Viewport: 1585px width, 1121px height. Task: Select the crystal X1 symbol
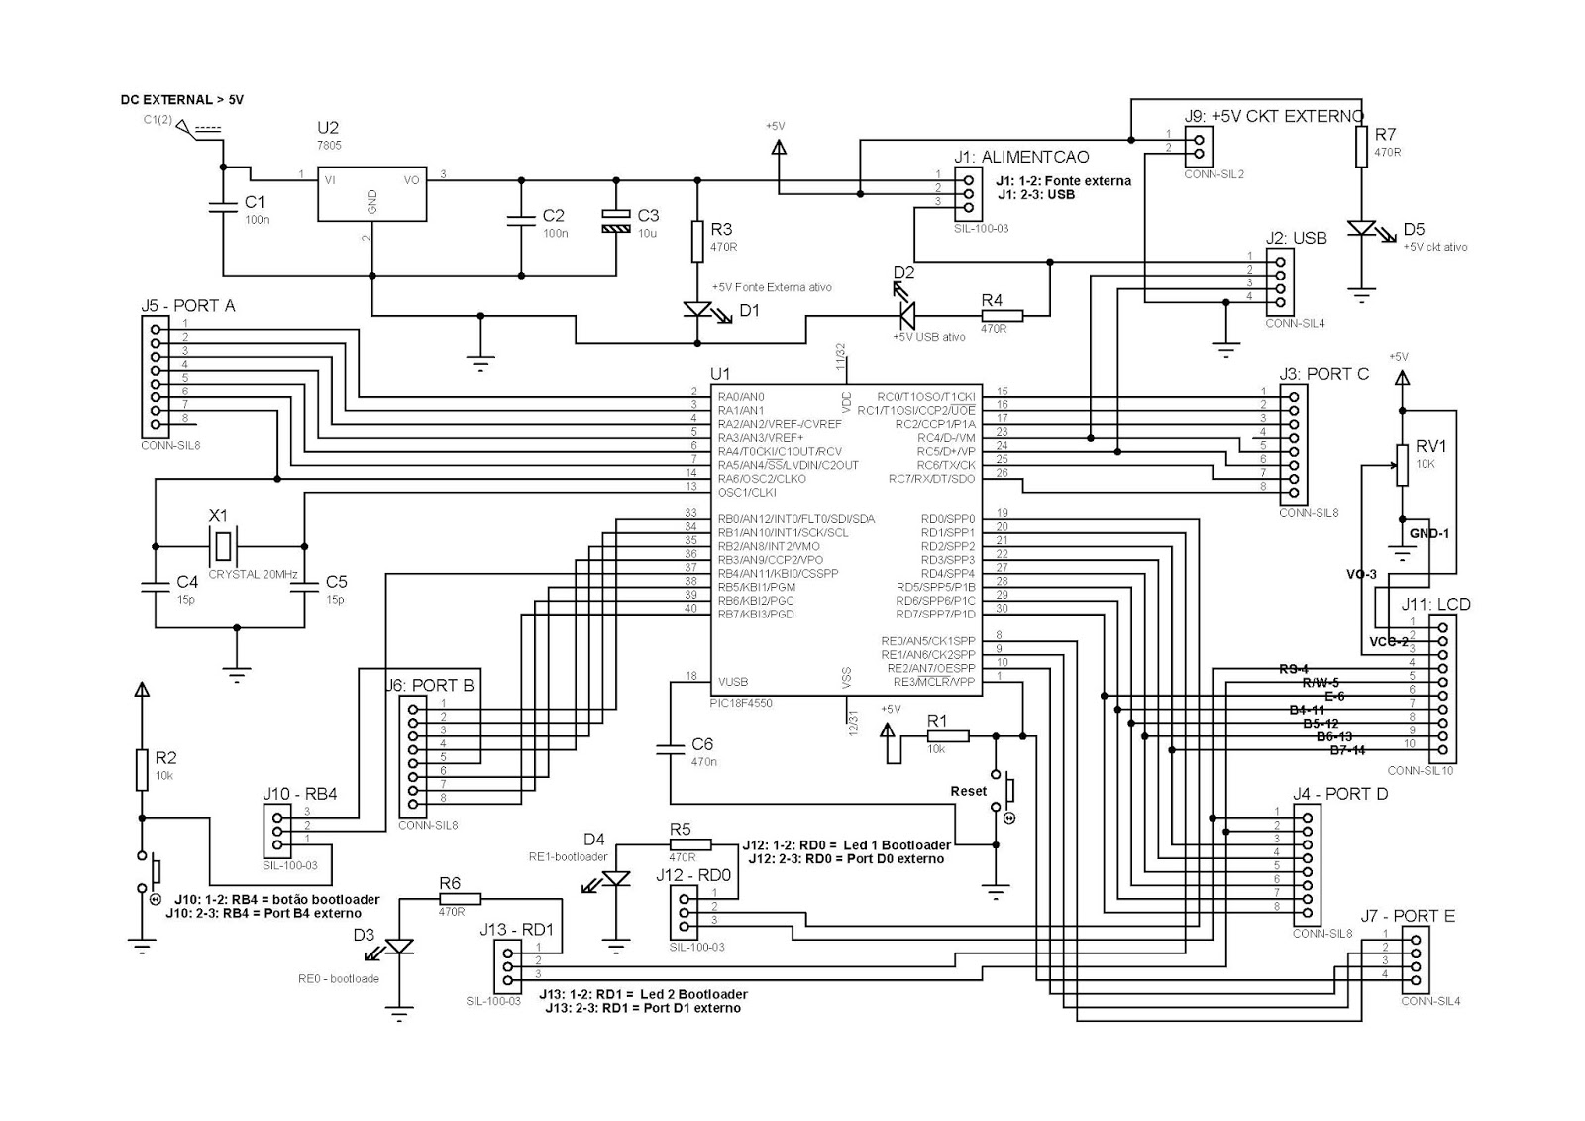[225, 545]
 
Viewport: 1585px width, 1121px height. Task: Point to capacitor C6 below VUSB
[671, 751]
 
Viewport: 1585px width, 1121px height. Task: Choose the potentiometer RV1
[1402, 465]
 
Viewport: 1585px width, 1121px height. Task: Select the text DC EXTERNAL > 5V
[181, 100]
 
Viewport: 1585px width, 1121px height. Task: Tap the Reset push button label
[968, 791]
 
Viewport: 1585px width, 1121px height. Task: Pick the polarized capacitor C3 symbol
[616, 221]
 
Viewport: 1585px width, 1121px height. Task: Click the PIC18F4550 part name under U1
[740, 702]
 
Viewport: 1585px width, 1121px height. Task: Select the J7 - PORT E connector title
[1407, 916]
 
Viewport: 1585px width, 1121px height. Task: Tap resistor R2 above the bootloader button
[142, 770]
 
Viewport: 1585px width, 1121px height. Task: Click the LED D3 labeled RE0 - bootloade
[399, 948]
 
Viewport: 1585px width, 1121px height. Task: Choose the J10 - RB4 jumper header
[276, 831]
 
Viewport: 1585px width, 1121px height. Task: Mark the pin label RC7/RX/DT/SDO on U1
[931, 480]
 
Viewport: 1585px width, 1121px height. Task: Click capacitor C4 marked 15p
[156, 587]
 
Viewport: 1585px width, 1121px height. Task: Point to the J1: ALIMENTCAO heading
[1021, 157]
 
